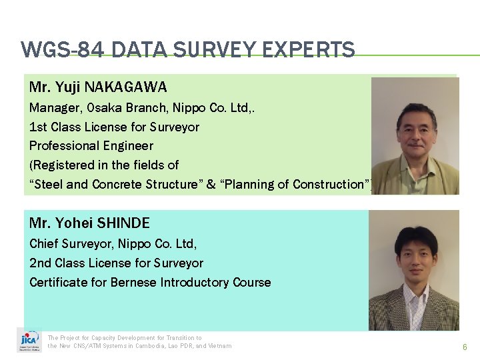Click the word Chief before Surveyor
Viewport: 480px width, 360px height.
pyautogui.click(x=46, y=243)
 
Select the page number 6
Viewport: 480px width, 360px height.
pyautogui.click(x=465, y=347)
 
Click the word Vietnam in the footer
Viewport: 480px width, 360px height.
pyautogui.click(x=219, y=345)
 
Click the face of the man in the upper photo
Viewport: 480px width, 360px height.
pyautogui.click(x=416, y=125)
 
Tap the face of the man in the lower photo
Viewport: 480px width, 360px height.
pyautogui.click(x=415, y=257)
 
